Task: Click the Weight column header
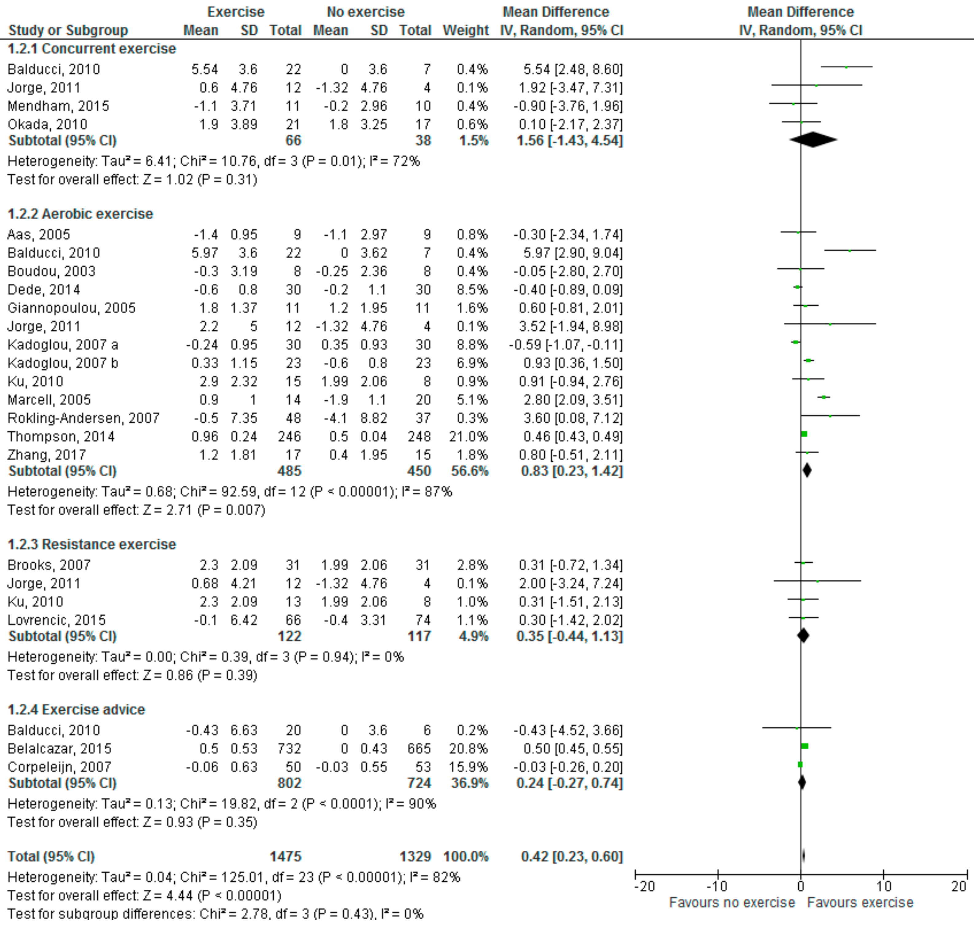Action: pos(465,31)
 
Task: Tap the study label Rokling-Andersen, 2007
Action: pos(83,418)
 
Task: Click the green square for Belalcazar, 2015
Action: pos(805,746)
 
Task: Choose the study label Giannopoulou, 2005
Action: pos(72,308)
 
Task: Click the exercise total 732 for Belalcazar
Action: pos(289,748)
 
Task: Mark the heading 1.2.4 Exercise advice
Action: pos(76,709)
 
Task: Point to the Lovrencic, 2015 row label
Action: pos(57,620)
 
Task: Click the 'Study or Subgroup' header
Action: pos(68,31)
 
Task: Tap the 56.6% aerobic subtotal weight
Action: pos(469,471)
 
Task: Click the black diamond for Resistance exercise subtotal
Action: pos(803,636)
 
